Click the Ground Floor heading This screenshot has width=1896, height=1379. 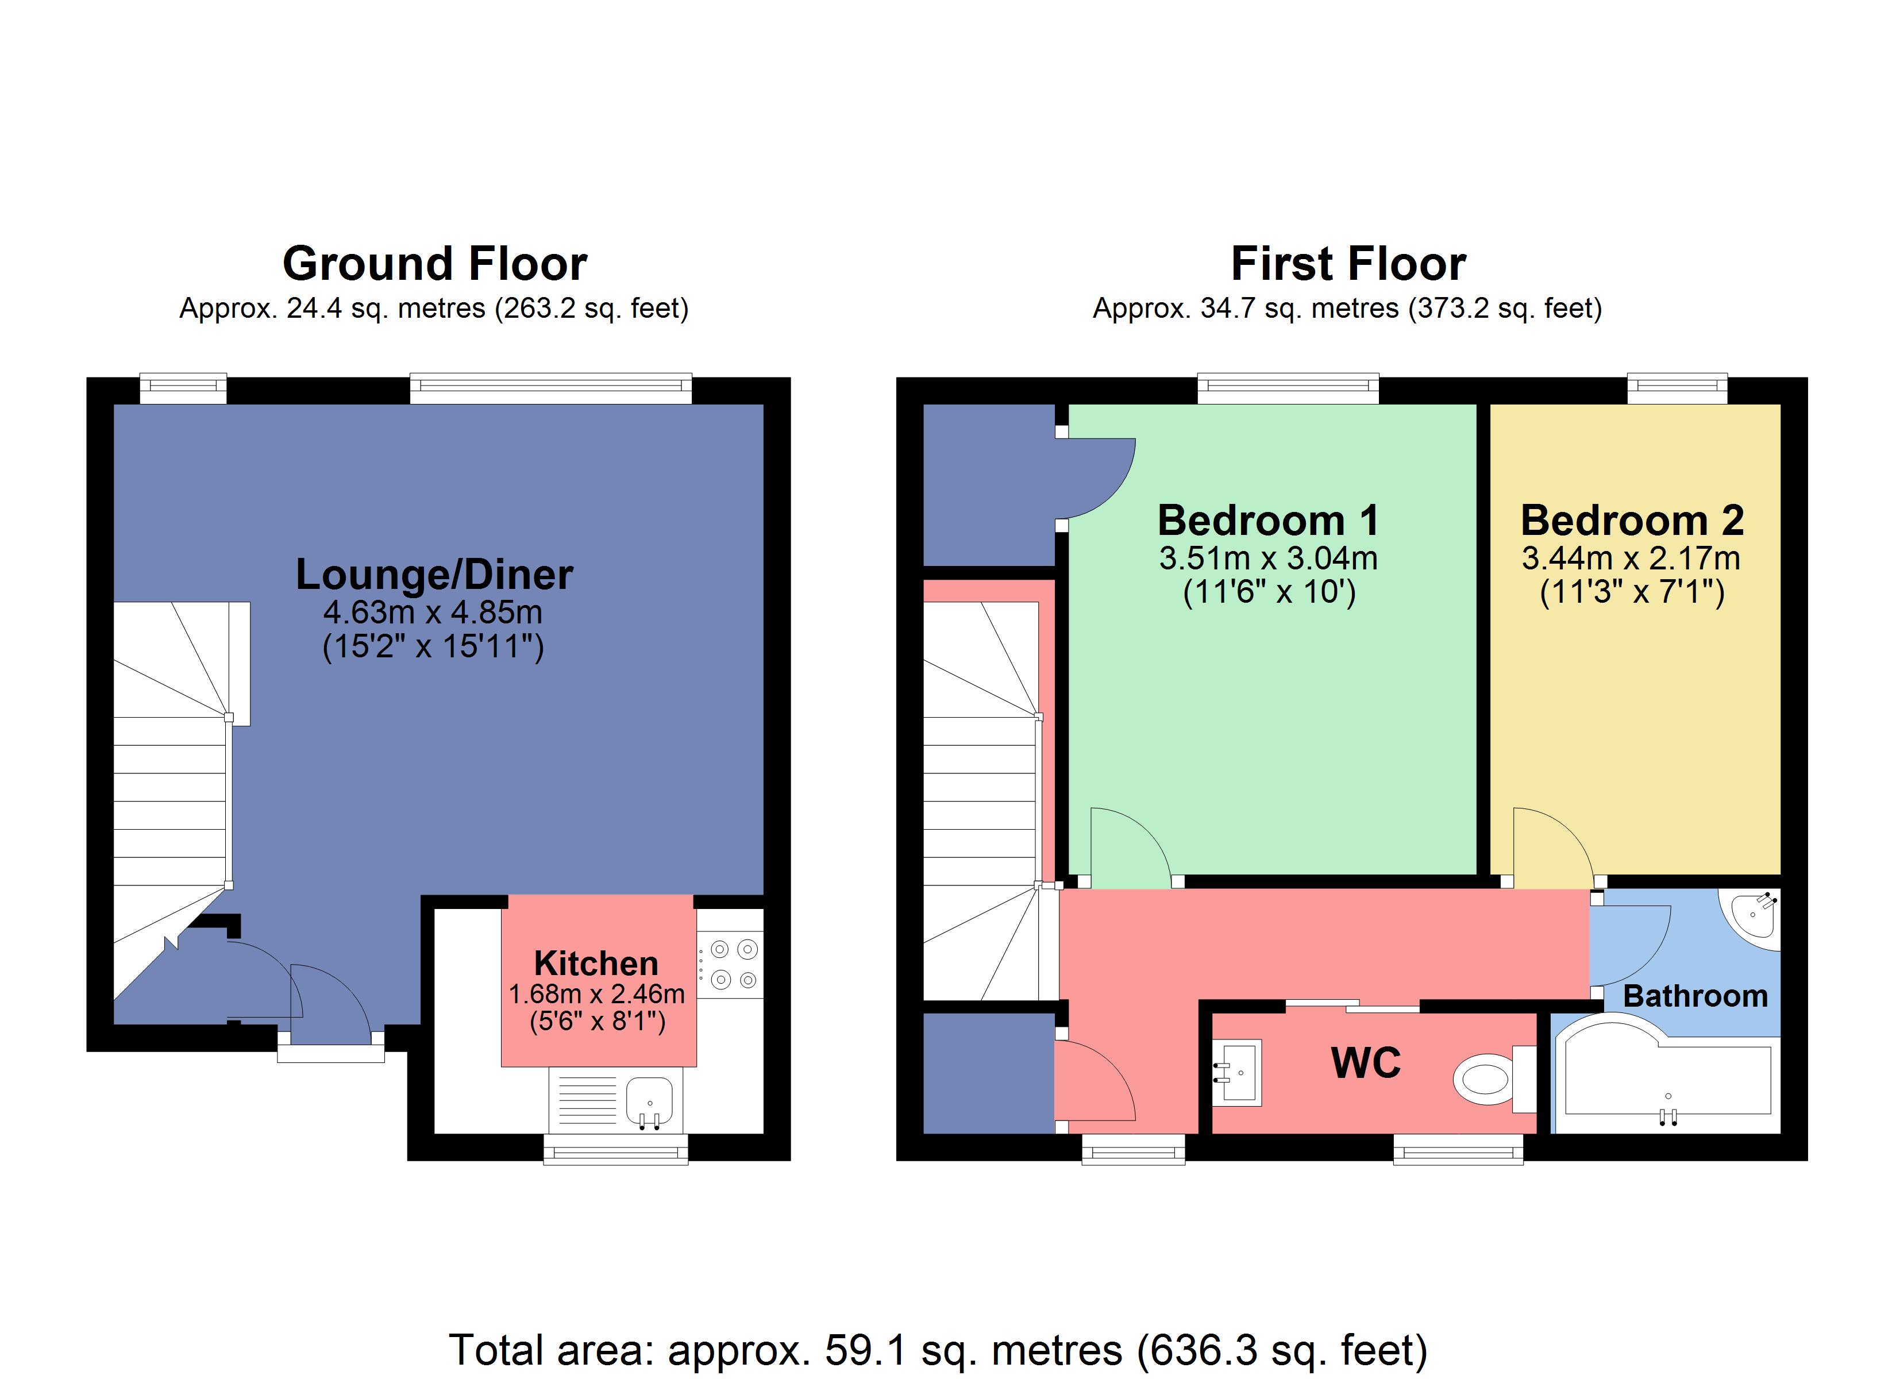pos(435,264)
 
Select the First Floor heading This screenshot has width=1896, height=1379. pos(1348,264)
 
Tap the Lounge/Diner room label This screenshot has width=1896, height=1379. pos(435,575)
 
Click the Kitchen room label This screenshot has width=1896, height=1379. pos(596,964)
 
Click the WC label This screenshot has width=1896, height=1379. pos(1365,1064)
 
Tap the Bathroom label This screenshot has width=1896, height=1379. pos(1695,996)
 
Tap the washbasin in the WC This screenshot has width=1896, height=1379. pos(1239,1072)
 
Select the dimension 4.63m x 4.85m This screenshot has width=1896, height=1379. pos(433,612)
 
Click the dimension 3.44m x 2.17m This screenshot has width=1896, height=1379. pos(1631,558)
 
